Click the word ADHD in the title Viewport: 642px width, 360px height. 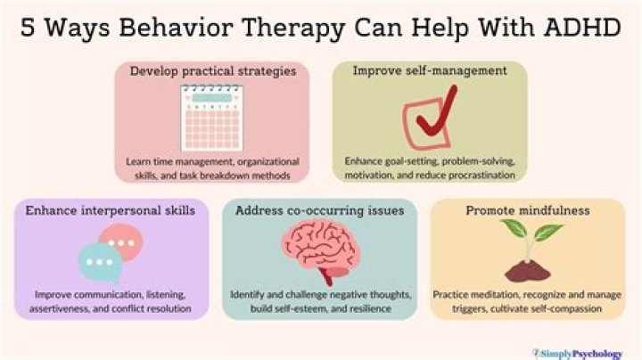click(582, 28)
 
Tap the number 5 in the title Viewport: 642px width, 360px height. click(28, 28)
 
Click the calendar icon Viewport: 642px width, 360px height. click(211, 118)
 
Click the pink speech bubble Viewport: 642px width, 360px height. click(122, 241)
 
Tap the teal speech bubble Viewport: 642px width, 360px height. click(100, 263)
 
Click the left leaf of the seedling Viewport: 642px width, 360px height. click(514, 228)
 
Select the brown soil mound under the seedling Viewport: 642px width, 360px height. click(528, 271)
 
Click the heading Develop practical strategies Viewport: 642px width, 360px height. click(213, 71)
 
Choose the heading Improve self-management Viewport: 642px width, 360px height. click(430, 70)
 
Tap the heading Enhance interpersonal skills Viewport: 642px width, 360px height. click(111, 210)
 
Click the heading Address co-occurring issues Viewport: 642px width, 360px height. click(320, 210)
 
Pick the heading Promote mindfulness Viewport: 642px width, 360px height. click(528, 210)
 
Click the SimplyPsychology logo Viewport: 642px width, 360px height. click(578, 354)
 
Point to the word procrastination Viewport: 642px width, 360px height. click(481, 175)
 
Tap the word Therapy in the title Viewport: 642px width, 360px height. click(293, 29)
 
